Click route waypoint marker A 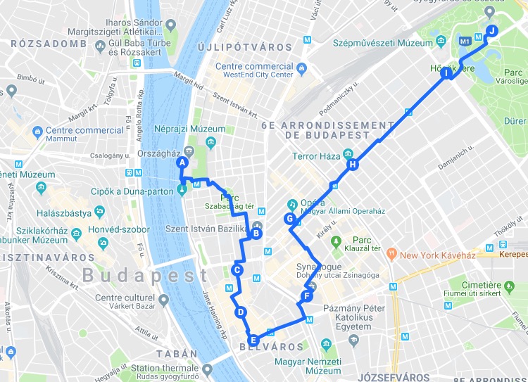[x=182, y=163]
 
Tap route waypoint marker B [x=256, y=234]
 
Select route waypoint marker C [x=237, y=269]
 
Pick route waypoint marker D [x=241, y=313]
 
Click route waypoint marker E [x=253, y=340]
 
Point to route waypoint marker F [x=306, y=296]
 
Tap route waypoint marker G [x=289, y=219]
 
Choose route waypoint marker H [x=352, y=165]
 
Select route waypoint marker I [x=446, y=72]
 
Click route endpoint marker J [x=492, y=30]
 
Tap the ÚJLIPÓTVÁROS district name [x=244, y=47]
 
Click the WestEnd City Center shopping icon [x=302, y=69]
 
